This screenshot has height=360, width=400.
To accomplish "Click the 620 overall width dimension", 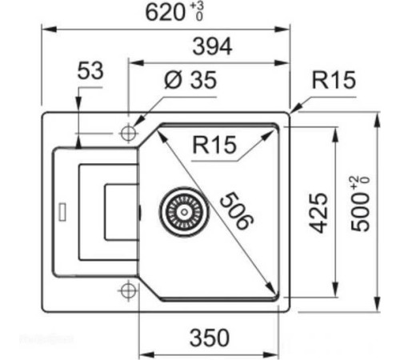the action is pyautogui.click(x=166, y=13).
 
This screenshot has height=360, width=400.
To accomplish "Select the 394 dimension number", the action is pyautogui.click(x=212, y=46).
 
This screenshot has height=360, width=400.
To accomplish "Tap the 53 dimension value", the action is pyautogui.click(x=90, y=70).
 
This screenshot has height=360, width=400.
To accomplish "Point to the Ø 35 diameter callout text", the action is pyautogui.click(x=190, y=80).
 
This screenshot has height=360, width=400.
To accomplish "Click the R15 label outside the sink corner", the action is pyautogui.click(x=334, y=80).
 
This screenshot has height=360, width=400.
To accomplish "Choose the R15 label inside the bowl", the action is pyautogui.click(x=214, y=145).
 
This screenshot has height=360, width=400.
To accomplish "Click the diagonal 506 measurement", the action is pyautogui.click(x=237, y=210).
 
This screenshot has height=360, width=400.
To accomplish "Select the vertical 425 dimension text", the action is pyautogui.click(x=318, y=213).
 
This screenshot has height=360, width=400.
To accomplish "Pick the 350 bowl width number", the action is pyautogui.click(x=210, y=338).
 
